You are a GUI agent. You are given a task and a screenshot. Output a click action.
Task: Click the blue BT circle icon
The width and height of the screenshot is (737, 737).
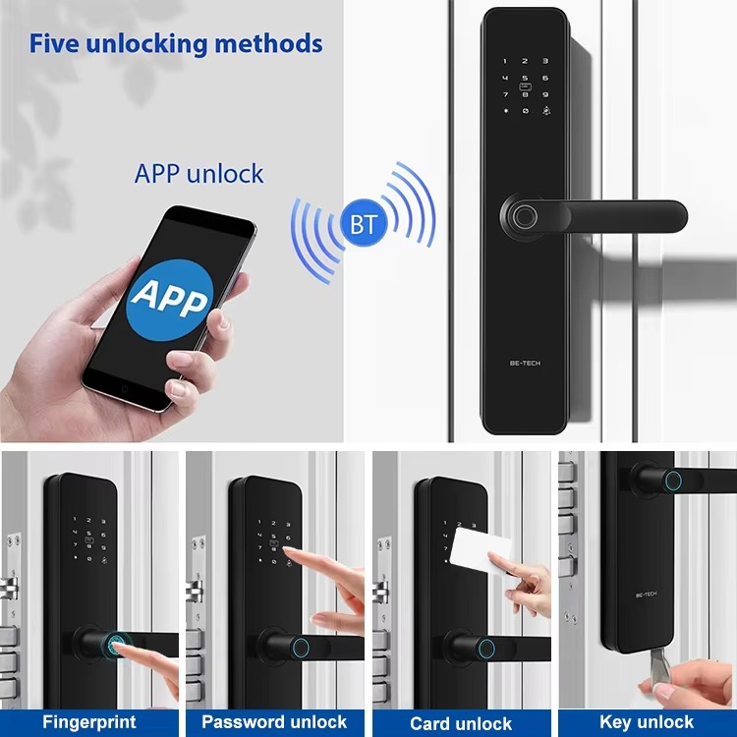coord(364,223)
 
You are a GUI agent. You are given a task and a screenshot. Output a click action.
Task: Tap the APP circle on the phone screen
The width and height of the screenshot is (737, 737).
coord(170,300)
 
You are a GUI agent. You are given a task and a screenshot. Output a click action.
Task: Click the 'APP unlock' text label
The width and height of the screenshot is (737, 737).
coord(198,174)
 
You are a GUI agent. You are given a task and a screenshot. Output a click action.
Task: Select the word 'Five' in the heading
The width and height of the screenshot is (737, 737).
coord(54,43)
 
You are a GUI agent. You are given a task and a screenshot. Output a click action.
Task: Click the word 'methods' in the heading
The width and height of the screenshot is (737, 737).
coord(268,43)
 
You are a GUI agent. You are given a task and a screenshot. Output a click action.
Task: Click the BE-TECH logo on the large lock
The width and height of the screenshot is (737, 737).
coord(525,363)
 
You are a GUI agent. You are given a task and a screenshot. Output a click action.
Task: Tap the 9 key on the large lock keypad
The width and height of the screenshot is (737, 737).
coord(545,95)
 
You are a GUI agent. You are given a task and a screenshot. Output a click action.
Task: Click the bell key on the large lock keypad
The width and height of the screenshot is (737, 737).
coord(545,111)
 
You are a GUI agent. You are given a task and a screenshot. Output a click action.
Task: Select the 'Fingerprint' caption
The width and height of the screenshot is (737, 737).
coord(89,721)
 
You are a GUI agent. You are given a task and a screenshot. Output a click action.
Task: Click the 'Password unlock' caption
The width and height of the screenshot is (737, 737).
coord(274,721)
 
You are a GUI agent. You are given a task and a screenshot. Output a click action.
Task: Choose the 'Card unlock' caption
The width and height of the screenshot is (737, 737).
coord(461,723)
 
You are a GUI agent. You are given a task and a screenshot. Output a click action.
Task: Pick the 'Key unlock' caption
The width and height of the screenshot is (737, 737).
coord(647,721)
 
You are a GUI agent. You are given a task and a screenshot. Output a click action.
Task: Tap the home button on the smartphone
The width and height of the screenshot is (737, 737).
coord(125,389)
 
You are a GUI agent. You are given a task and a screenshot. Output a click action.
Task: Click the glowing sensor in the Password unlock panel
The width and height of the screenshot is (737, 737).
coord(301,648)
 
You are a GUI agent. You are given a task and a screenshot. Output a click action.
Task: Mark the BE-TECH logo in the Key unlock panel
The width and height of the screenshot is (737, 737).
coord(646,595)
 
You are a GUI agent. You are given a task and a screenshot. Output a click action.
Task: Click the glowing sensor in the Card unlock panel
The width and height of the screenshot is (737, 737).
coord(486,650)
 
